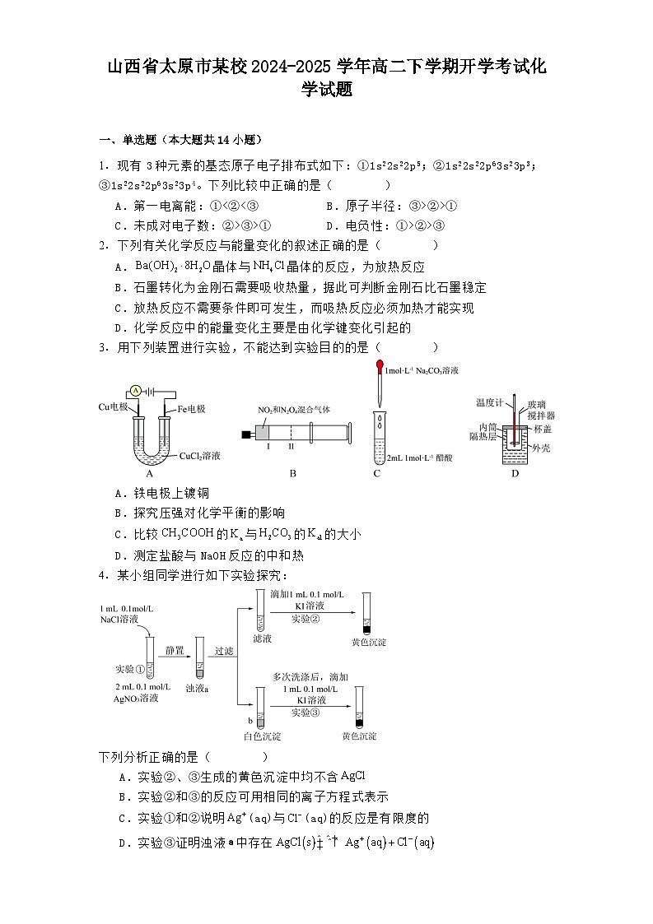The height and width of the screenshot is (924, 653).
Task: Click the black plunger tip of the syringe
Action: pos(245,434)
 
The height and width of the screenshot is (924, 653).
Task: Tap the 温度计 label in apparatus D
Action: pos(489,402)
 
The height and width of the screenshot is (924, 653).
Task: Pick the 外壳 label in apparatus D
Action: pos(540,448)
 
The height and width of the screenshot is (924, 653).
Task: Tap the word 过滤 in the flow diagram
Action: pos(224,650)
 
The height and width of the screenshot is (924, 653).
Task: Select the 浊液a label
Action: pos(197,686)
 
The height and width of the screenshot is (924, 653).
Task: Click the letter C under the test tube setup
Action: pos(377,473)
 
